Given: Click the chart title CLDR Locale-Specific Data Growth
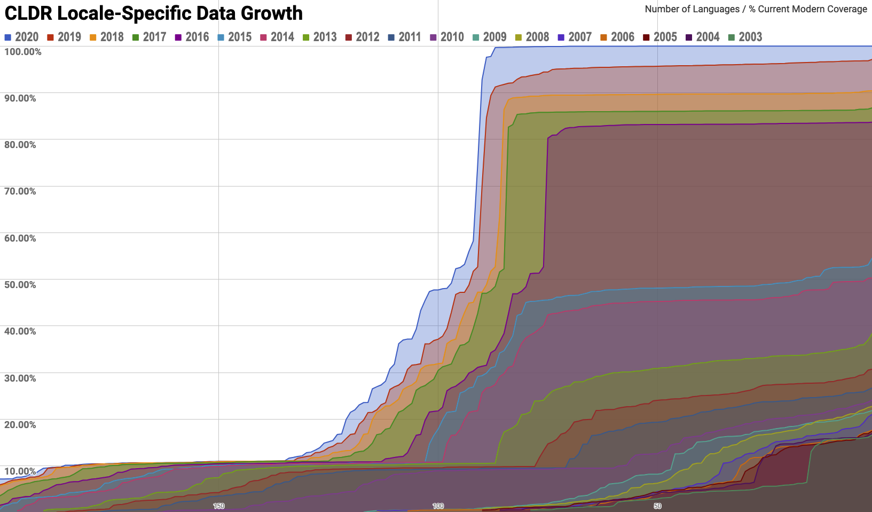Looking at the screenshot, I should [x=153, y=13].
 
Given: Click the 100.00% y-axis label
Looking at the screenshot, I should [x=22, y=52].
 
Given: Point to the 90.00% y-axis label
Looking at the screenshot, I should [x=20, y=98].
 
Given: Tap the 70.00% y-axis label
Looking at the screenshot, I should [x=20, y=191].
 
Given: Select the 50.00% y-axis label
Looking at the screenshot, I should [x=20, y=285].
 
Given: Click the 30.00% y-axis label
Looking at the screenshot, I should [x=20, y=378].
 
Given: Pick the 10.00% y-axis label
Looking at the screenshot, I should [x=20, y=471].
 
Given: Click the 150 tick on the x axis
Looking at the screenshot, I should [x=218, y=506].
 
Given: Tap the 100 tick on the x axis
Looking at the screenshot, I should [x=438, y=506].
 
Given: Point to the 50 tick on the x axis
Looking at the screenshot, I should [x=657, y=506].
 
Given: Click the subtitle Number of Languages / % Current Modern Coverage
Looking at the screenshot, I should [x=756, y=9].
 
